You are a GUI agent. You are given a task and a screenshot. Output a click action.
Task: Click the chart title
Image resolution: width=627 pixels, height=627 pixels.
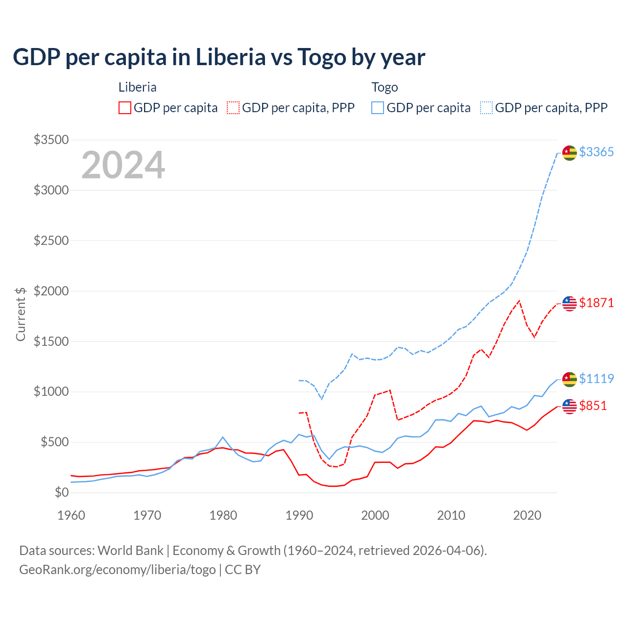click(219, 57)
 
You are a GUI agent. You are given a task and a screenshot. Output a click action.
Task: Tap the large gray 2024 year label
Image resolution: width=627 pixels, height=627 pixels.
click(123, 166)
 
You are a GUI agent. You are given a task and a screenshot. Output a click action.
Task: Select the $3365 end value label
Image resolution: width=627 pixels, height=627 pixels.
click(596, 152)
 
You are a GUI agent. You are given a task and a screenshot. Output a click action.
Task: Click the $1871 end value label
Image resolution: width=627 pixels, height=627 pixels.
click(596, 303)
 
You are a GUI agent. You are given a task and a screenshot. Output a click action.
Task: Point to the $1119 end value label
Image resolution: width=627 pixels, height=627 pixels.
click(596, 379)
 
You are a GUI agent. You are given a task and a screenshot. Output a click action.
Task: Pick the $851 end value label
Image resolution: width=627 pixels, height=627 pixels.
click(593, 406)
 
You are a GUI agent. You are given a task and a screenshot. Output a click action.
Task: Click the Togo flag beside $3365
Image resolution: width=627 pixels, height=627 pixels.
click(569, 153)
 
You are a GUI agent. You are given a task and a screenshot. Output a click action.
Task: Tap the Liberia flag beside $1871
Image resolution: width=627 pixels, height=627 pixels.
click(569, 304)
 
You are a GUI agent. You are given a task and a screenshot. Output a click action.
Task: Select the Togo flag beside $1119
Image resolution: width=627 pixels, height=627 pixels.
click(569, 379)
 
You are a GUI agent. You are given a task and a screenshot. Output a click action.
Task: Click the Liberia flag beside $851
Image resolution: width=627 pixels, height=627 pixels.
click(569, 406)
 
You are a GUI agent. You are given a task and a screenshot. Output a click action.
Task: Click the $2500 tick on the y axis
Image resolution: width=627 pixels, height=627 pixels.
click(51, 241)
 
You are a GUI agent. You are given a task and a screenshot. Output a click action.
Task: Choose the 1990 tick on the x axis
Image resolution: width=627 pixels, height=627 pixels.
click(299, 515)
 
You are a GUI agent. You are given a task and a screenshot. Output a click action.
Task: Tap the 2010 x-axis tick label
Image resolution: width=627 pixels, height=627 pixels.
click(451, 515)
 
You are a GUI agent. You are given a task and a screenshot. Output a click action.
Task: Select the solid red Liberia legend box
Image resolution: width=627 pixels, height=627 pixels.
click(125, 108)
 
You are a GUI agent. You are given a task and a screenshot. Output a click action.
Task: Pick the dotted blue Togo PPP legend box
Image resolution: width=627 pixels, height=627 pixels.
click(486, 108)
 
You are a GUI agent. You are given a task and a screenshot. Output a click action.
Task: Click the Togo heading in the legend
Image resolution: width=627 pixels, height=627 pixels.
click(385, 87)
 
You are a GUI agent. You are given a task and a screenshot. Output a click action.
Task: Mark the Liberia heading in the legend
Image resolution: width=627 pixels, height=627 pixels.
click(138, 87)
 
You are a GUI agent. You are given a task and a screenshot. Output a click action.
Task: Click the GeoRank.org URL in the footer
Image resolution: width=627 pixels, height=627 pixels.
click(118, 570)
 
